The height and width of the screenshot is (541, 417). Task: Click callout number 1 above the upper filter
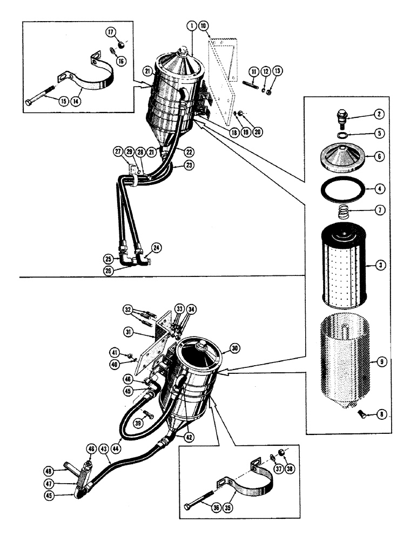[191, 25]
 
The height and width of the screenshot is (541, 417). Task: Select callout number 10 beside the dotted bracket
[203, 25]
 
